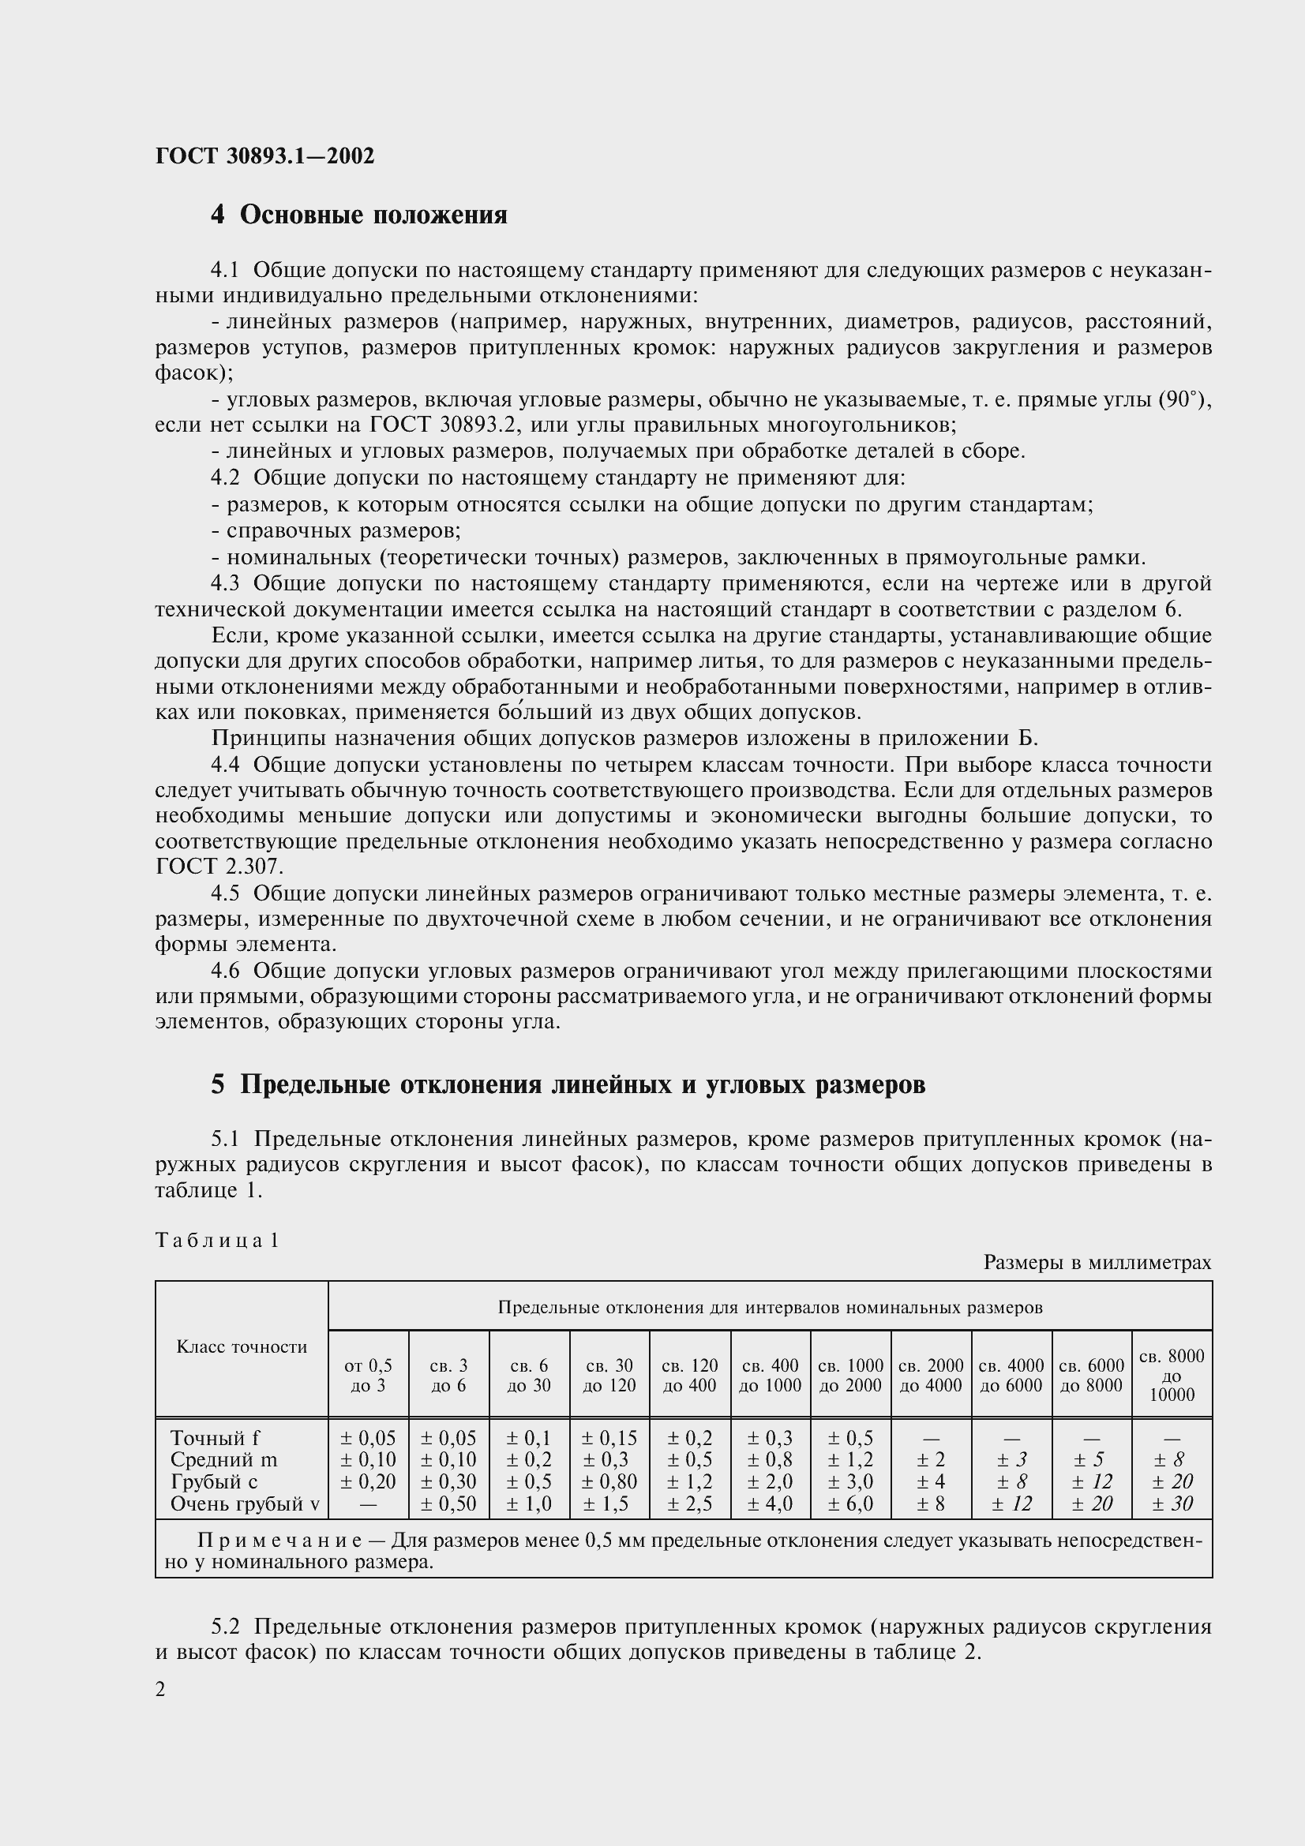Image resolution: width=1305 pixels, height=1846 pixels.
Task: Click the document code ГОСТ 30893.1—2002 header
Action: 264,156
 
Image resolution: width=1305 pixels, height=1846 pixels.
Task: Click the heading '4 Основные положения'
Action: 358,215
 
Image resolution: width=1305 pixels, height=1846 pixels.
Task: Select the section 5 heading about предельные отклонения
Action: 568,1084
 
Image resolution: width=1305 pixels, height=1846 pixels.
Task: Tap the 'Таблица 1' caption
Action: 216,1240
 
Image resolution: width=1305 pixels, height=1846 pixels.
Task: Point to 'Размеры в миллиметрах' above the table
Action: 1097,1262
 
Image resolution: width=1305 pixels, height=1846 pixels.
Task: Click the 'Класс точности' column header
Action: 242,1346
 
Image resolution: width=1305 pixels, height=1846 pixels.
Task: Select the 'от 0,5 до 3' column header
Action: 368,1375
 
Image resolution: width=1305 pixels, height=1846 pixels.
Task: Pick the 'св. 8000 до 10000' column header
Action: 1172,1375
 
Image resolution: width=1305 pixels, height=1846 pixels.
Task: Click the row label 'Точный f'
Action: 215,1437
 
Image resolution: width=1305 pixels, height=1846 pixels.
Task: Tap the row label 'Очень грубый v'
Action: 245,1503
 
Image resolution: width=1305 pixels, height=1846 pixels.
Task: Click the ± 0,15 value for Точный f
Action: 609,1437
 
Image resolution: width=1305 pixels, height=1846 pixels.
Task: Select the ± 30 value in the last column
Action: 1172,1503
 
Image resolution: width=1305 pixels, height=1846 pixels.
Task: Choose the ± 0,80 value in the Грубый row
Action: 609,1482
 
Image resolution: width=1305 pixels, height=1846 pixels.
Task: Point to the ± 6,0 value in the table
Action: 850,1503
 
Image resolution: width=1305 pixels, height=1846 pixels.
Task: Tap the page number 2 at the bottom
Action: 161,1689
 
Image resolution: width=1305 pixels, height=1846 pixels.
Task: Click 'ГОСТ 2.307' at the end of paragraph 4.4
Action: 219,867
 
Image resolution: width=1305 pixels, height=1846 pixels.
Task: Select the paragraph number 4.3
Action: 225,584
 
